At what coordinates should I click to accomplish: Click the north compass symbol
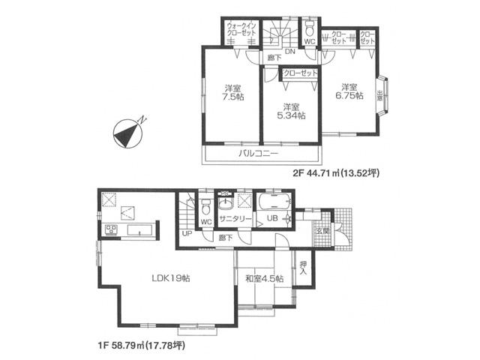tap(127, 133)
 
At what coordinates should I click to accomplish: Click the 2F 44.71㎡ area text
tap(335, 173)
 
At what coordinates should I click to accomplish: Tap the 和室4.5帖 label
tap(263, 279)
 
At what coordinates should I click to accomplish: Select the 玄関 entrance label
tap(321, 230)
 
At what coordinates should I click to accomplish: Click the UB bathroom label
tap(271, 217)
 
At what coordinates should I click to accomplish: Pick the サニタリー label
tap(234, 218)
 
